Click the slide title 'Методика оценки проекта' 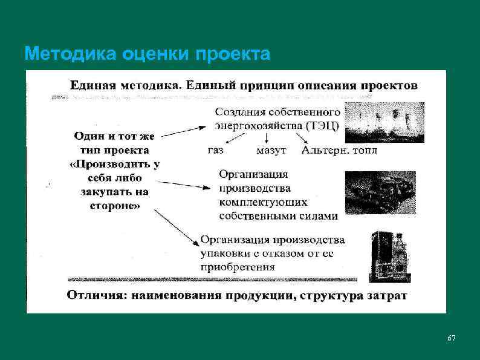coord(148,55)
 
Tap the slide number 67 coord(451,337)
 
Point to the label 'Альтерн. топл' coord(339,150)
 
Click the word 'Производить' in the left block coord(114,165)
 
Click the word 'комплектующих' coord(263,201)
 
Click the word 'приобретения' coord(238,266)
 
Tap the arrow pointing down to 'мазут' coord(267,138)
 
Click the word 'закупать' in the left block coord(105,192)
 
